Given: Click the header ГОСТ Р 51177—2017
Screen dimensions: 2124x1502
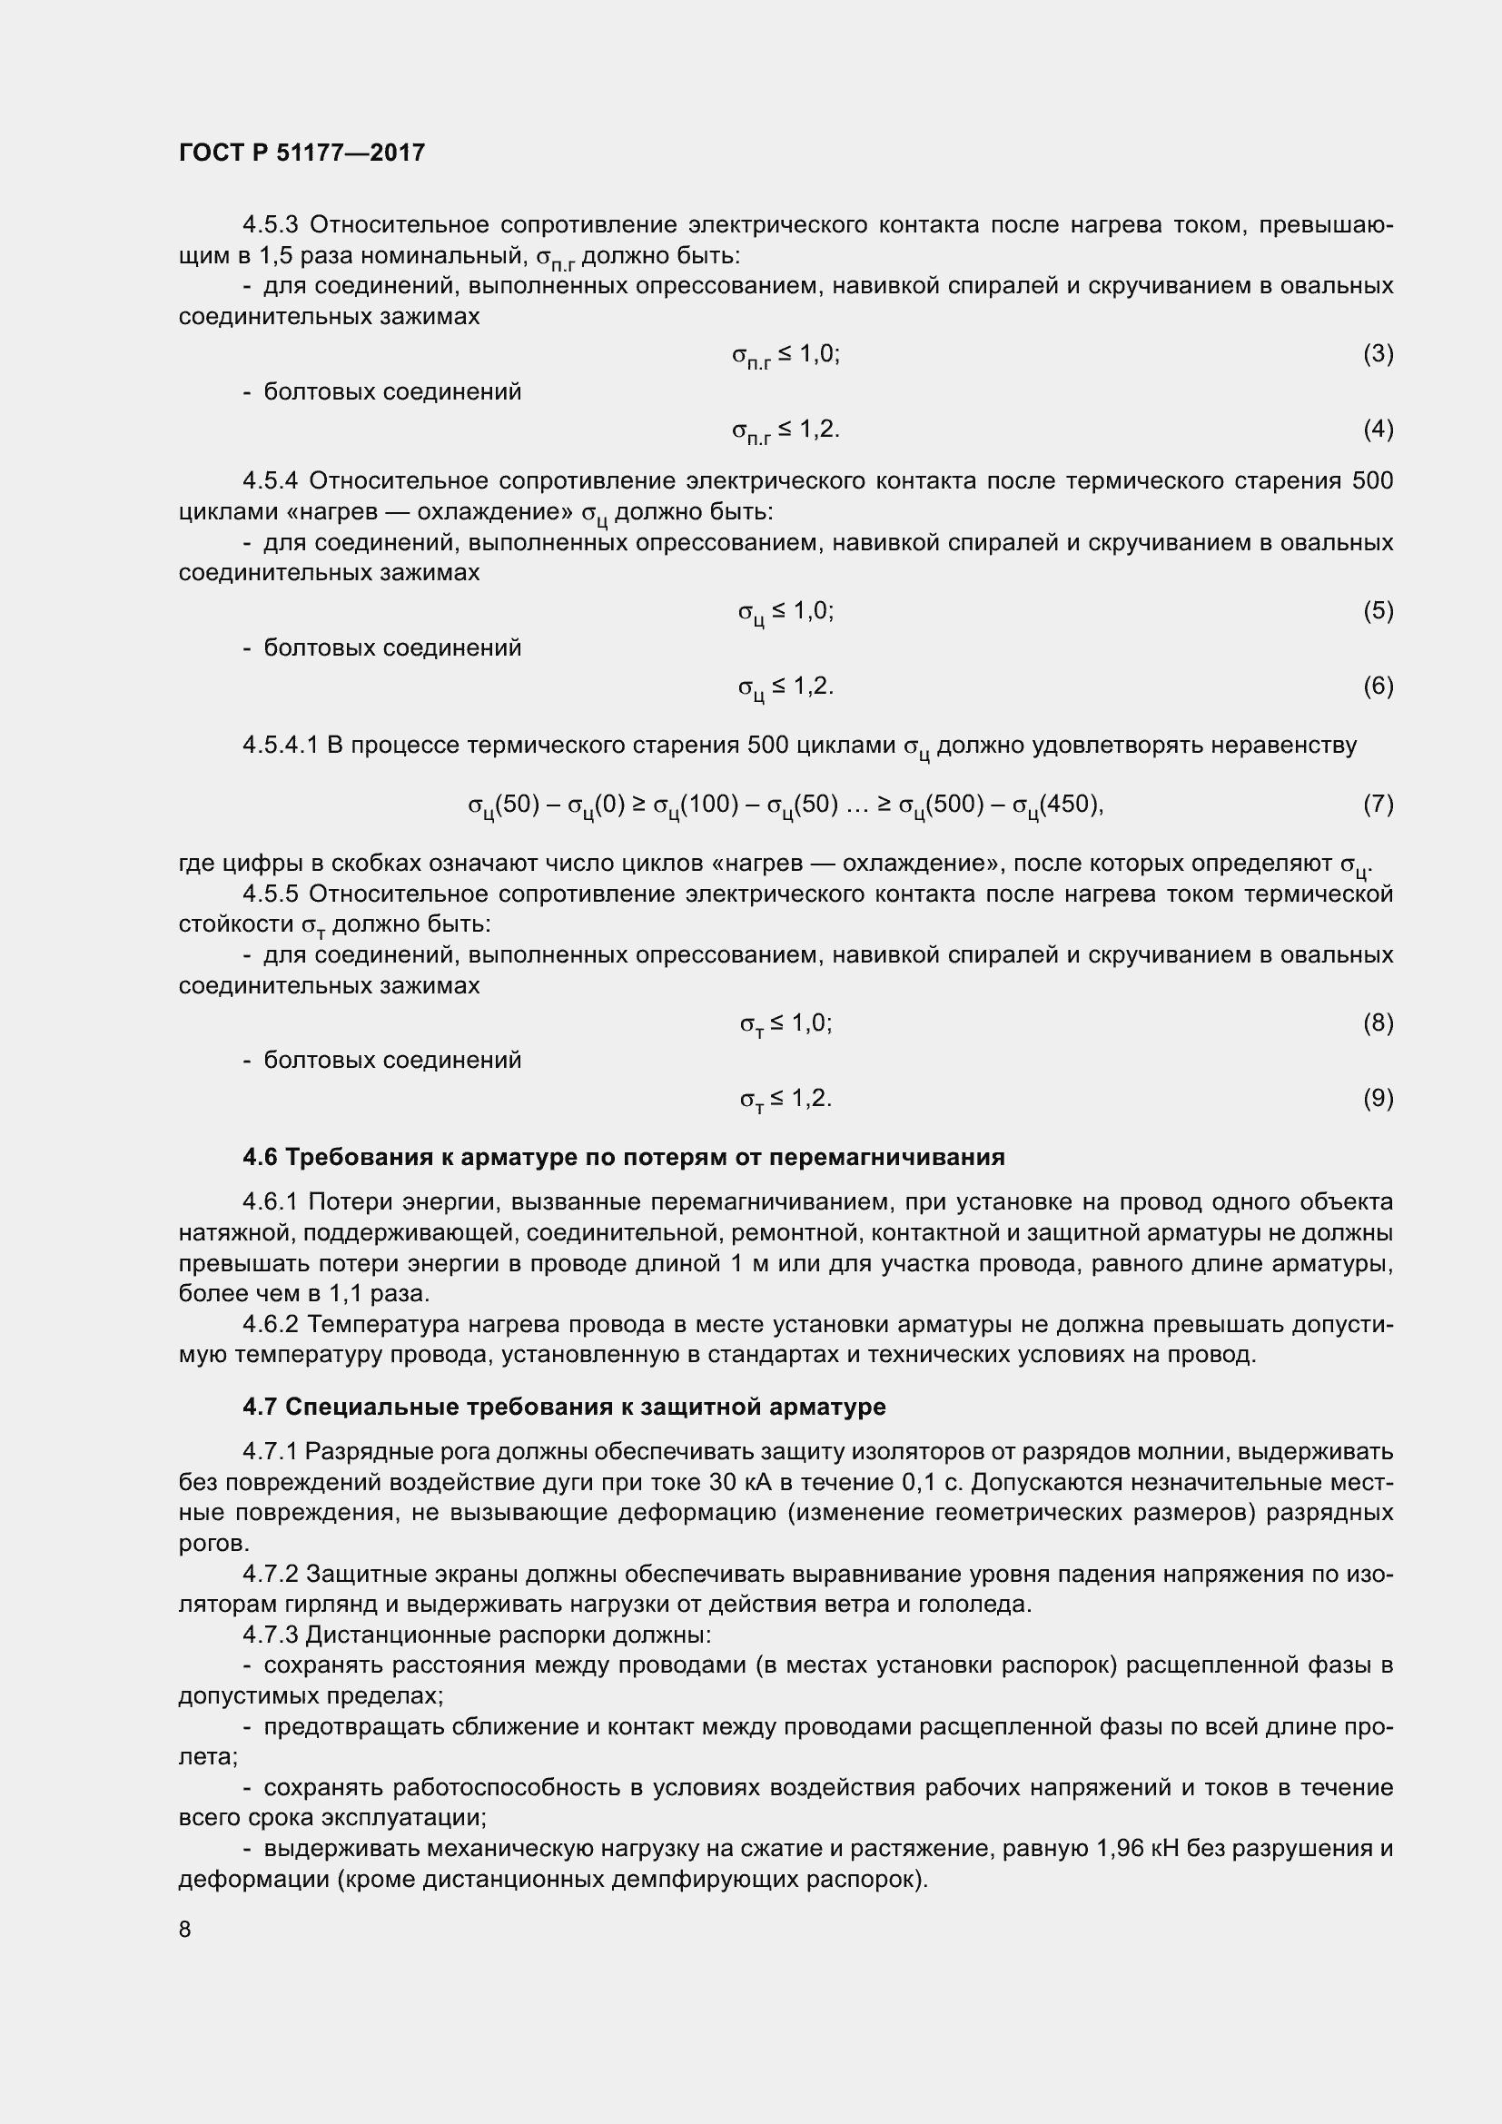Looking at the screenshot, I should pos(301,153).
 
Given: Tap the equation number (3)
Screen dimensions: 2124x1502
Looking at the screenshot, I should pos(1378,353).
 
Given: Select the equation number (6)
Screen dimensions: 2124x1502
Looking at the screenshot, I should pos(1378,686).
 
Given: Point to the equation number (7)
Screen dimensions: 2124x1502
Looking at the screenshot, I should pos(1378,804).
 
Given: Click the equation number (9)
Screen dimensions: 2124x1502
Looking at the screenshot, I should pos(1378,1098).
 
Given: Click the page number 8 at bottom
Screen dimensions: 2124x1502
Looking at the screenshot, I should pos(185,1929).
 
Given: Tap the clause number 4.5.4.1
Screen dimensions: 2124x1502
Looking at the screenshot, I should pos(282,745).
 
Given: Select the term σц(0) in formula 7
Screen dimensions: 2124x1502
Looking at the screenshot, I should pos(597,805).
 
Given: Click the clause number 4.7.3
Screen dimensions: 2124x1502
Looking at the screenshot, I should pos(270,1635).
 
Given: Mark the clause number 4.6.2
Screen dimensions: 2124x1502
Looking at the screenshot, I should pos(270,1325).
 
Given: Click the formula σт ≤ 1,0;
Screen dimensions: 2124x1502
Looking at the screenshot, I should pos(786,1023).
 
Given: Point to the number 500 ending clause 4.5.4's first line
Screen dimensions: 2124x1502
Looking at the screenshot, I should pos(1371,481).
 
